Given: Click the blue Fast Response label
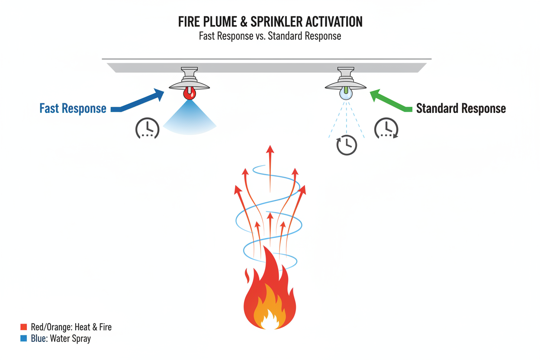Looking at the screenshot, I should (73, 108).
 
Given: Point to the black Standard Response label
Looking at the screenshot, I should (461, 108).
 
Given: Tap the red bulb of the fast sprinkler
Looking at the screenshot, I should (190, 93).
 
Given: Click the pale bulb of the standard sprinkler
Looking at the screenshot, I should (346, 93).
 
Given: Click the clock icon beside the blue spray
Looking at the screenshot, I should (148, 128).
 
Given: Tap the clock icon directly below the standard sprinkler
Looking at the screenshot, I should (347, 145).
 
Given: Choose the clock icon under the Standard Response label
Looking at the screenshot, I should (386, 129).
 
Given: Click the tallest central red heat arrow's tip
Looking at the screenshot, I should (270, 150).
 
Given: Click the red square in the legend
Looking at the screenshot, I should (24, 327).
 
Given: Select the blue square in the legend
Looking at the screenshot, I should (24, 339).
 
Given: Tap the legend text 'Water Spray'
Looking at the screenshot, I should (71, 339).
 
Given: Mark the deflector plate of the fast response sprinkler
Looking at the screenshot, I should (190, 86).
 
